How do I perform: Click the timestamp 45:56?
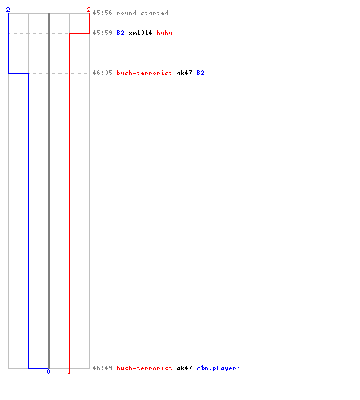pyautogui.click(x=102, y=13)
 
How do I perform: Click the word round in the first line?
pyautogui.click(x=126, y=13)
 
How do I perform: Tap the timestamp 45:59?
pyautogui.click(x=102, y=33)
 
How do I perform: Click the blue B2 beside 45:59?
pyautogui.click(x=120, y=33)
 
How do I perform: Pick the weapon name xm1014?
pyautogui.click(x=140, y=33)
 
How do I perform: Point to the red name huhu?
pyautogui.click(x=164, y=33)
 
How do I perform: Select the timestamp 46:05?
pyautogui.click(x=102, y=73)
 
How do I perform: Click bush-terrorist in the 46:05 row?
pyautogui.click(x=144, y=73)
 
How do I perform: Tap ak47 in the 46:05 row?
pyautogui.click(x=184, y=73)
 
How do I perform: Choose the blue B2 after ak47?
pyautogui.click(x=200, y=73)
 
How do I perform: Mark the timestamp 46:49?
pyautogui.click(x=102, y=368)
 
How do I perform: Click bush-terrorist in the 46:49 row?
pyautogui.click(x=144, y=368)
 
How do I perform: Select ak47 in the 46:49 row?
pyautogui.click(x=184, y=368)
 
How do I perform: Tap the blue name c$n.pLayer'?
pyautogui.click(x=218, y=368)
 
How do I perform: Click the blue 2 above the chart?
pyautogui.click(x=8, y=10)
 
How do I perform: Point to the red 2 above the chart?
pyautogui.click(x=89, y=10)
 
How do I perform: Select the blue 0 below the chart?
pyautogui.click(x=48, y=371)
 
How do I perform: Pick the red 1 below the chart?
pyautogui.click(x=69, y=371)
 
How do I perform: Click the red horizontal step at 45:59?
pyautogui.click(x=79, y=33)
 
